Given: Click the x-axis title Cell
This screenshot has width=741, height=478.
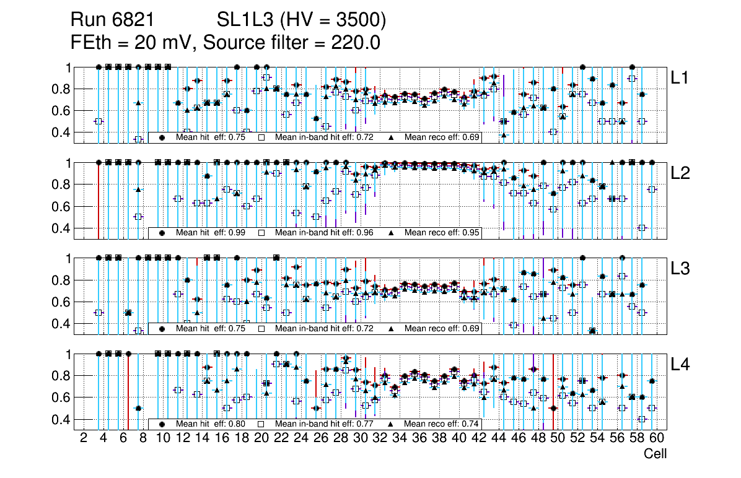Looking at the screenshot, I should (655, 454).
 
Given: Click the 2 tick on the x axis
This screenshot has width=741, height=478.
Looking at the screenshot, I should (84, 438).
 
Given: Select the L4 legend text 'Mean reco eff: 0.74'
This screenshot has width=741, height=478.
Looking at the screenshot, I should (442, 424).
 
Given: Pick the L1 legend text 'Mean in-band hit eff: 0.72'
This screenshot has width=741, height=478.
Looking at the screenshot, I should (324, 137).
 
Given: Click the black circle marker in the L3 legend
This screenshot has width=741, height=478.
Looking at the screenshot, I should (162, 329).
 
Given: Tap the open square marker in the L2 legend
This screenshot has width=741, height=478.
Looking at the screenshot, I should (261, 233).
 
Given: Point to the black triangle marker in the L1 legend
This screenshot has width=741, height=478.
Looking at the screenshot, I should (391, 137).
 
